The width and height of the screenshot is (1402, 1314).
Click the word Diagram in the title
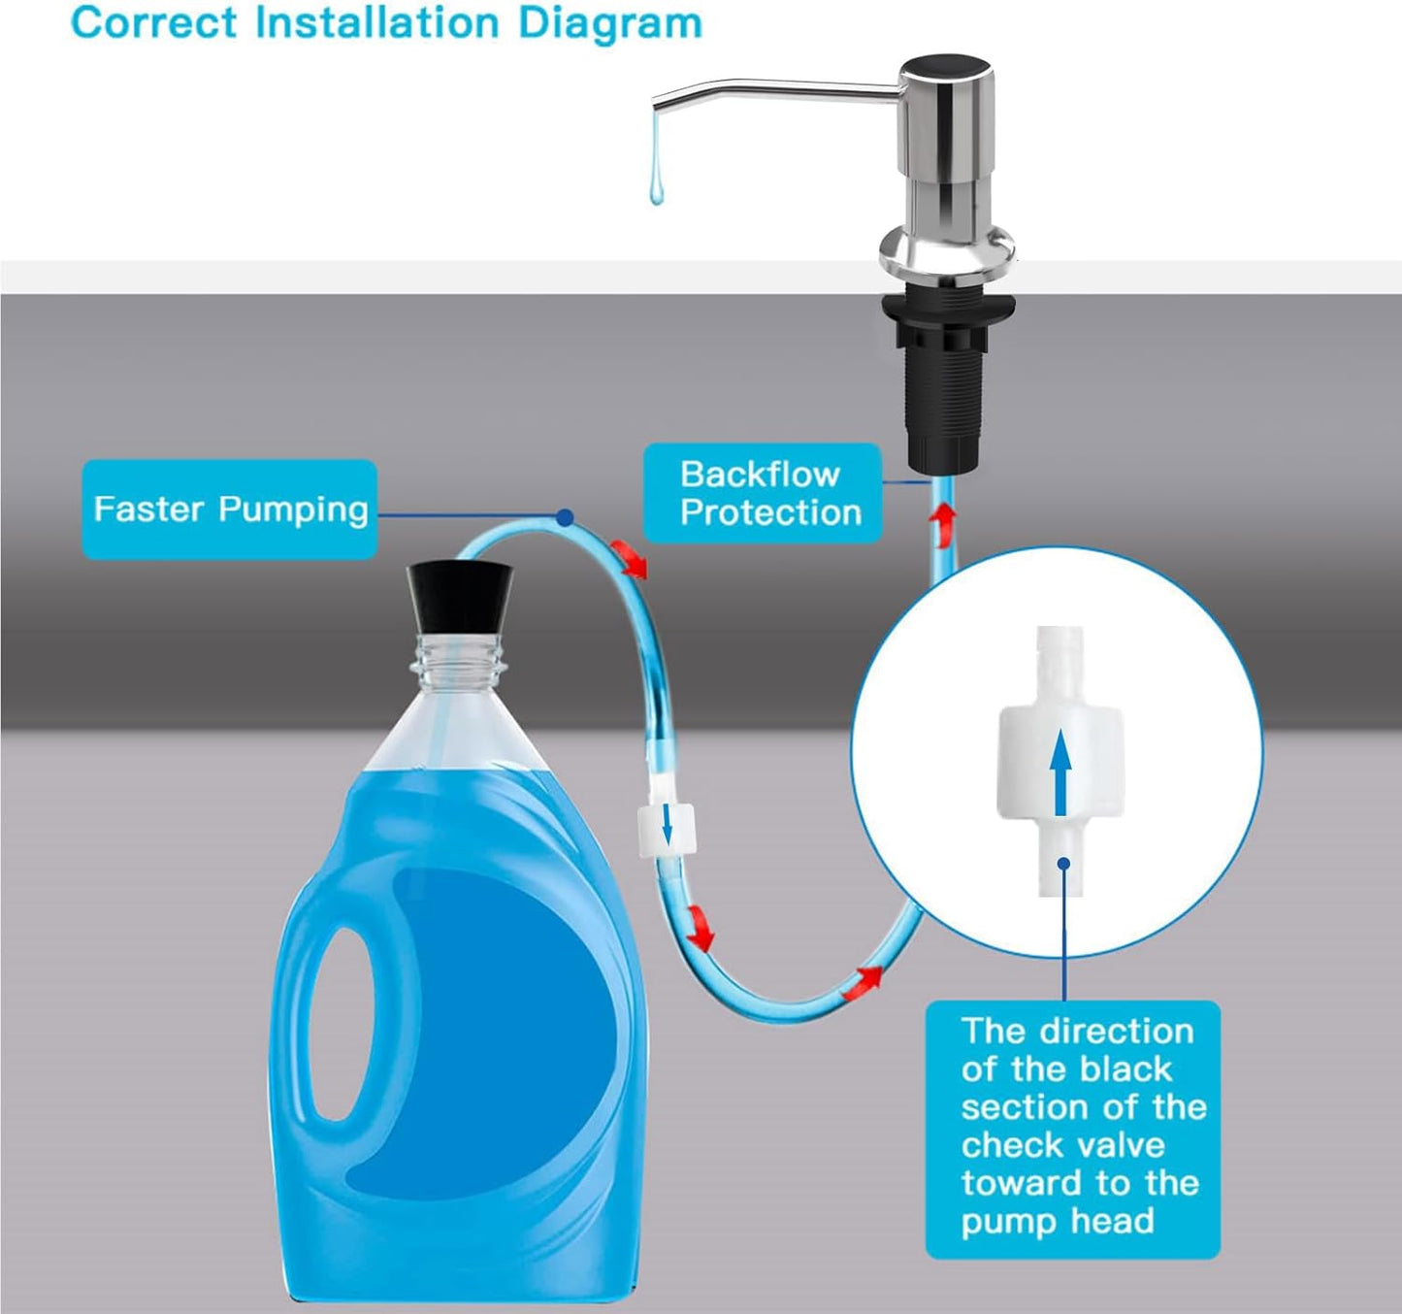tap(609, 23)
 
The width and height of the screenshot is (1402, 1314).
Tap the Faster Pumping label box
tap(230, 509)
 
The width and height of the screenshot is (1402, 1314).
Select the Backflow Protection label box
tap(764, 493)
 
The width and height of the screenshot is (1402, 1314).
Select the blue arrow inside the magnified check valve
tap(1060, 772)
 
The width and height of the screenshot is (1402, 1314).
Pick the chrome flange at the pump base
tap(947, 254)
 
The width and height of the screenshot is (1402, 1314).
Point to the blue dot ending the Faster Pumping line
tap(566, 518)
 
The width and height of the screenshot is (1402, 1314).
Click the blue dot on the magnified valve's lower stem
tap(1063, 863)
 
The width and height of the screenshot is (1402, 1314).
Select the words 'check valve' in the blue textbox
tap(1062, 1145)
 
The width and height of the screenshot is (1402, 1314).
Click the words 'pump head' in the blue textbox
tap(1058, 1221)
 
